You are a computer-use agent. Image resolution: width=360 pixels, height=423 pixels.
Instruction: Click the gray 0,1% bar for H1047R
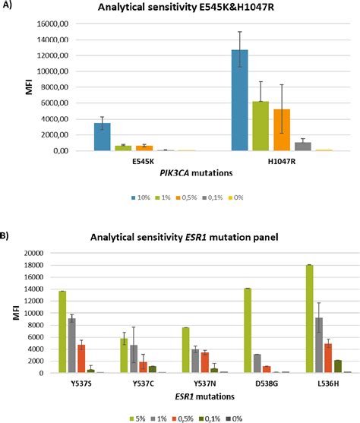click(x=303, y=147)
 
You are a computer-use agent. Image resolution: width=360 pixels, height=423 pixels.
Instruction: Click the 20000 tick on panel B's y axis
click(x=38, y=252)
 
